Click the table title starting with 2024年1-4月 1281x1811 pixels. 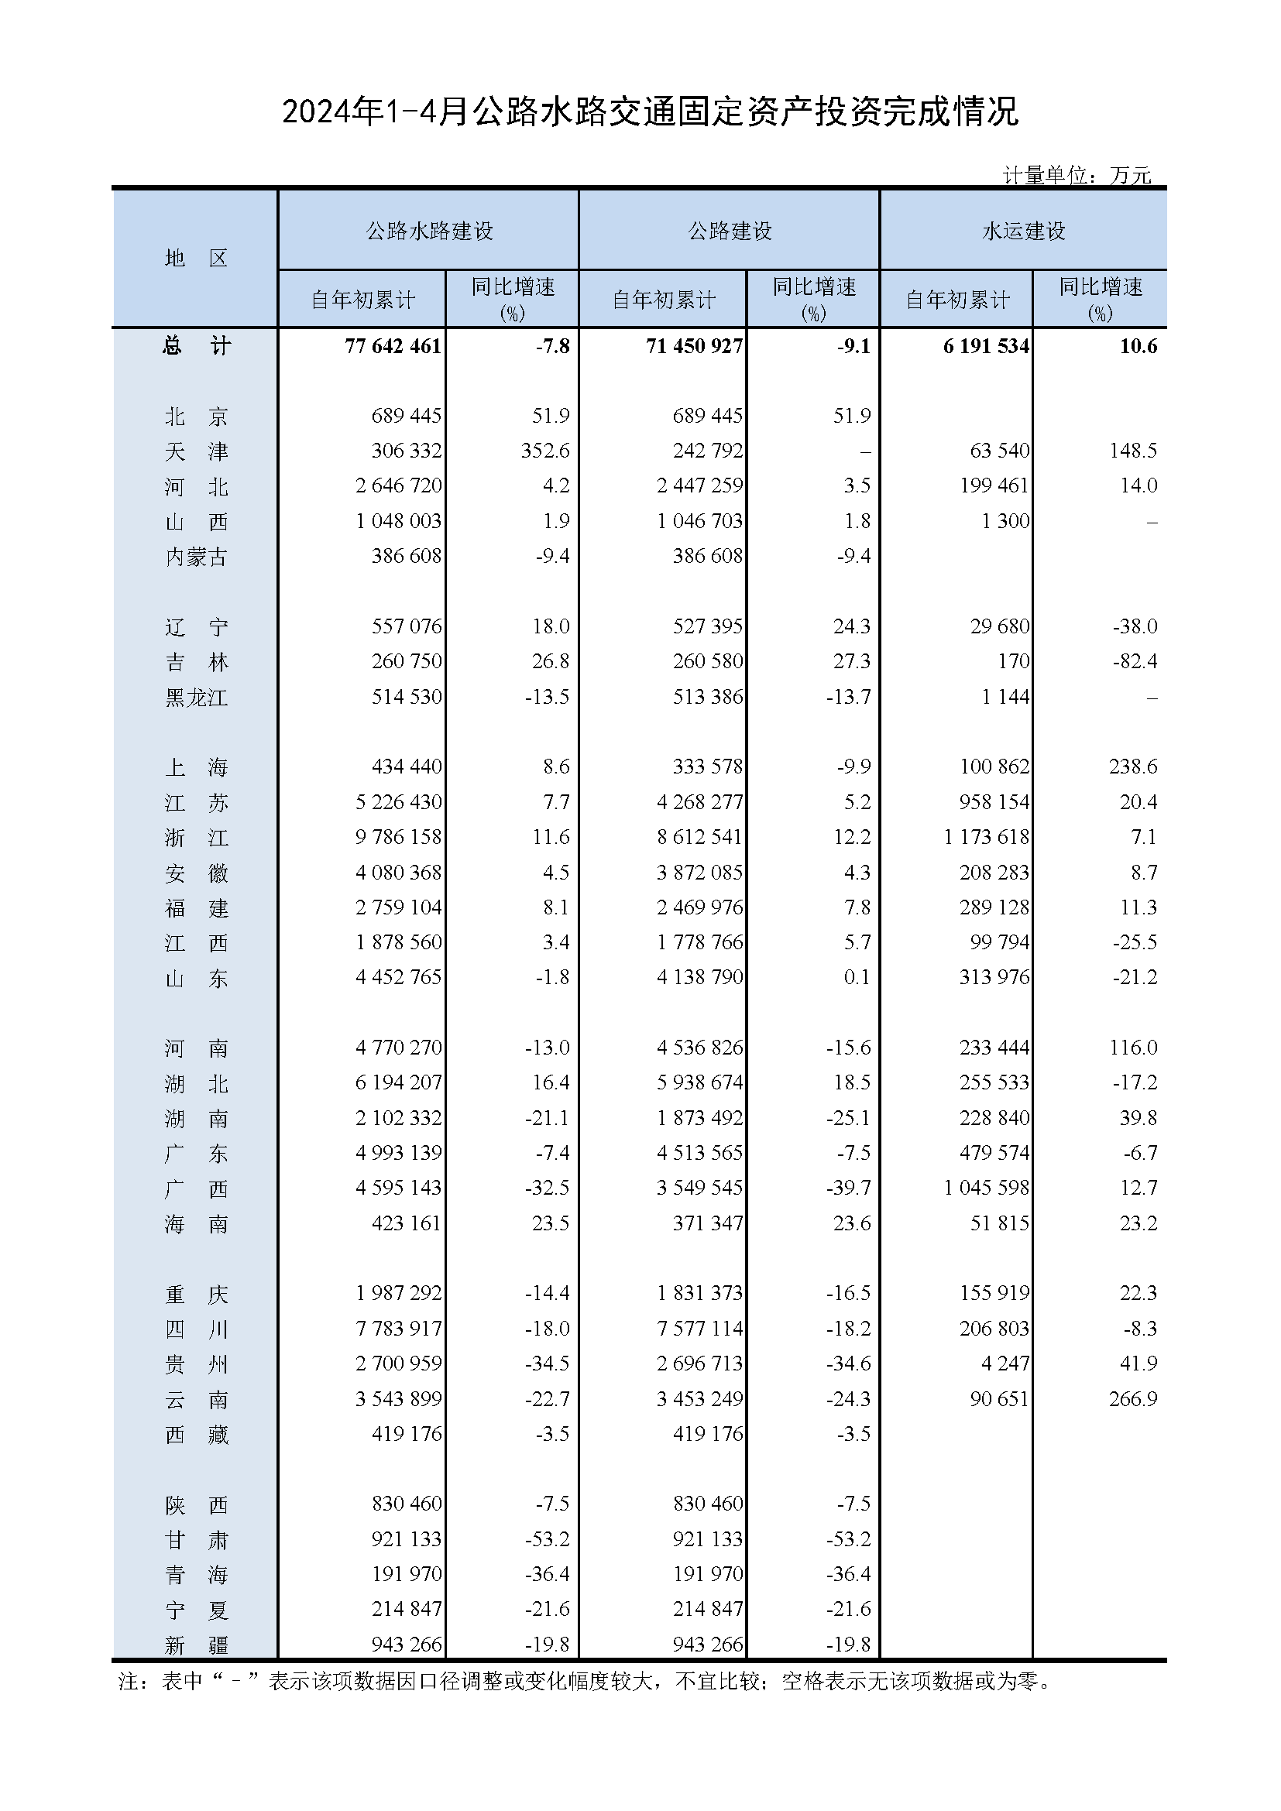(x=650, y=112)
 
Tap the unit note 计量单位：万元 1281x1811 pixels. (x=1076, y=175)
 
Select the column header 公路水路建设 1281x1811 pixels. (x=429, y=230)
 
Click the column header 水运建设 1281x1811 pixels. (x=1023, y=230)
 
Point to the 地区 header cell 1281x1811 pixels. (x=196, y=258)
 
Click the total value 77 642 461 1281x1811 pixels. (x=393, y=345)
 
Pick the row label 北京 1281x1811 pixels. (x=196, y=416)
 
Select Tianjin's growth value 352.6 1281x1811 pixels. (x=540, y=451)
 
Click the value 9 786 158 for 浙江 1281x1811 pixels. (x=398, y=837)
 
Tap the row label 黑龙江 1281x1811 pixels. (x=196, y=698)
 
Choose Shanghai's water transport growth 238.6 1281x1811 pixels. (x=1133, y=767)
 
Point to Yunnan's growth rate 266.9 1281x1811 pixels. (x=1133, y=1398)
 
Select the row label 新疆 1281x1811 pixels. (x=196, y=1645)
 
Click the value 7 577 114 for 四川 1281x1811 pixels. (x=699, y=1329)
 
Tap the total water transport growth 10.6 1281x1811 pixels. (x=1138, y=345)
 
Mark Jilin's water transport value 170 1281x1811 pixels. (x=1014, y=661)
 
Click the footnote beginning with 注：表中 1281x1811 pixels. (x=584, y=1682)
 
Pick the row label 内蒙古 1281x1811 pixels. (x=196, y=557)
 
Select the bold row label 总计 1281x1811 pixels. (x=196, y=345)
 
